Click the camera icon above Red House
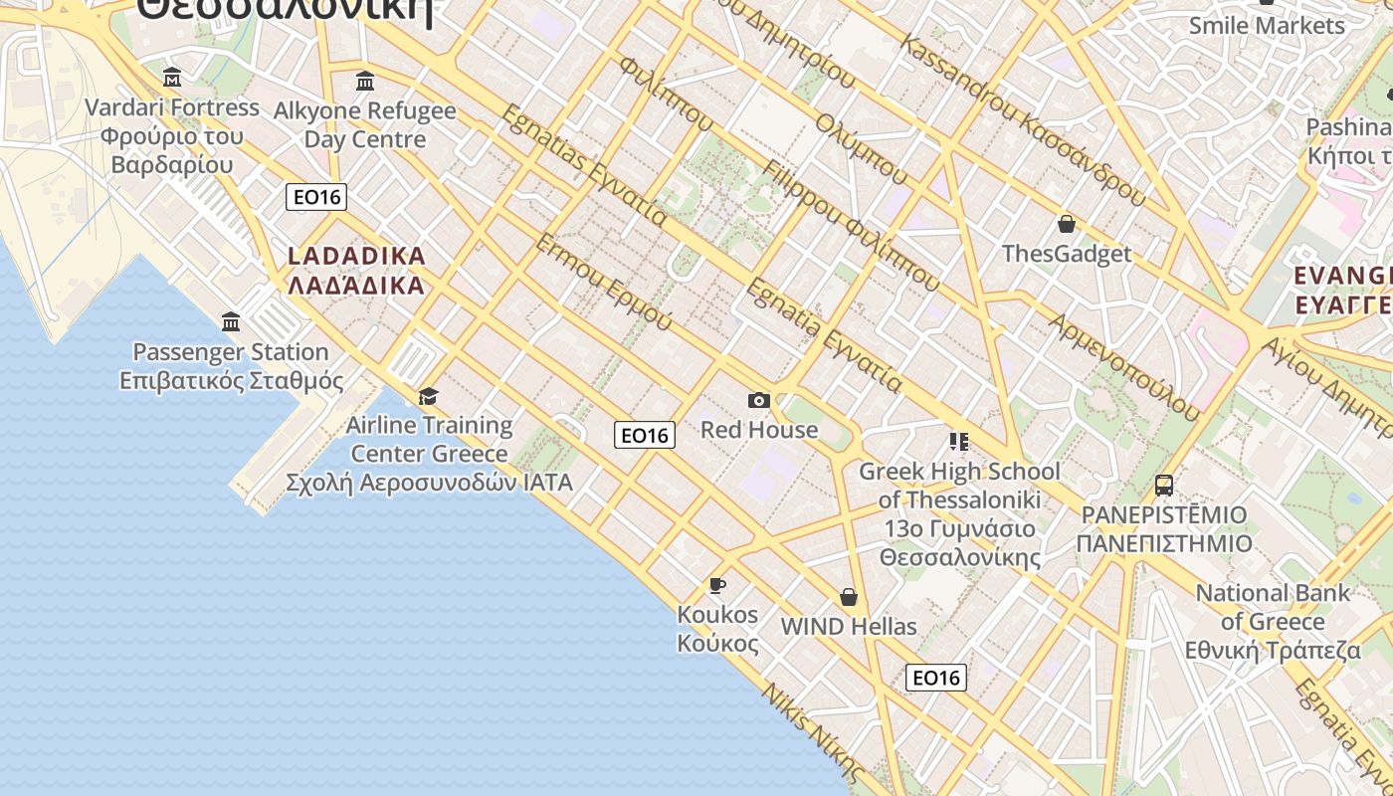pyautogui.click(x=759, y=400)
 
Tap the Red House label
pyautogui.click(x=759, y=430)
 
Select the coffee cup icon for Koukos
pyautogui.click(x=717, y=585)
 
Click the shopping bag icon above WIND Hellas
pyautogui.click(x=849, y=597)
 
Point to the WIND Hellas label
pyautogui.click(x=849, y=627)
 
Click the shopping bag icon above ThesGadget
pyautogui.click(x=1067, y=224)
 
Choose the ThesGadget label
pyautogui.click(x=1067, y=254)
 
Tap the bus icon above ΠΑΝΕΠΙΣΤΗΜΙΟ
pyautogui.click(x=1163, y=486)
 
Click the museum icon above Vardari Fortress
pyautogui.click(x=172, y=78)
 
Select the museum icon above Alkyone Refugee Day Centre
pyautogui.click(x=365, y=81)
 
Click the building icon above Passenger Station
pyautogui.click(x=232, y=321)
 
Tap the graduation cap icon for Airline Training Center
pyautogui.click(x=429, y=396)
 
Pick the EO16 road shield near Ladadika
pyautogui.click(x=317, y=197)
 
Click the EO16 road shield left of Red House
pyautogui.click(x=645, y=435)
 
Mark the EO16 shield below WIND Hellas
pyautogui.click(x=936, y=678)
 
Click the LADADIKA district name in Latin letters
pyautogui.click(x=356, y=256)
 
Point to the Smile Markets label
pyautogui.click(x=1267, y=25)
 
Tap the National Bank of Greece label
pyautogui.click(x=1273, y=622)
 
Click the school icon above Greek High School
pyautogui.click(x=959, y=441)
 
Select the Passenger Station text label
pyautogui.click(x=231, y=352)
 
